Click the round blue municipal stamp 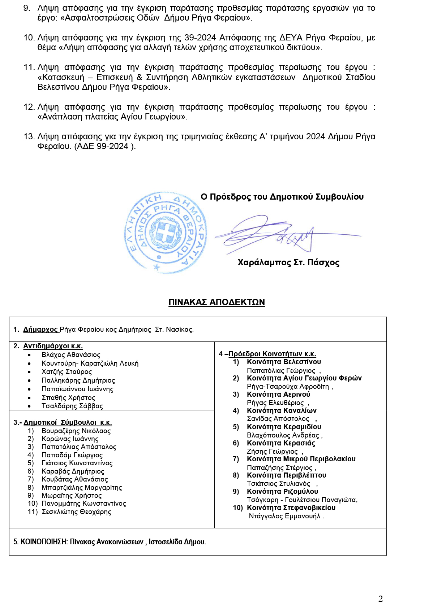click(x=165, y=232)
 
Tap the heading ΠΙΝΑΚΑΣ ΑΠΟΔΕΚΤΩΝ click(x=216, y=302)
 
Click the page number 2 click(x=380, y=599)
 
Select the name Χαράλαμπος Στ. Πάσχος click(x=288, y=262)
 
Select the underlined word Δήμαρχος click(x=40, y=329)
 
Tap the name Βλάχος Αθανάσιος click(x=71, y=355)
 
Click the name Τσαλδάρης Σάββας click(x=72, y=406)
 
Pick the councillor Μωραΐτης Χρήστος click(x=72, y=496)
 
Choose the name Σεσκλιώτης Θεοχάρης click(x=76, y=512)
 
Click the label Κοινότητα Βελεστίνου click(x=284, y=362)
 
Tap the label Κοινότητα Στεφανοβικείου click(x=291, y=508)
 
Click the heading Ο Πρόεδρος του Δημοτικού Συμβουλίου click(x=282, y=197)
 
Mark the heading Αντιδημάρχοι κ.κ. click(x=53, y=346)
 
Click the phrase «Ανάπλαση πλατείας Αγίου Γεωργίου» click(x=112, y=117)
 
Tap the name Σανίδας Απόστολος click(x=278, y=419)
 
